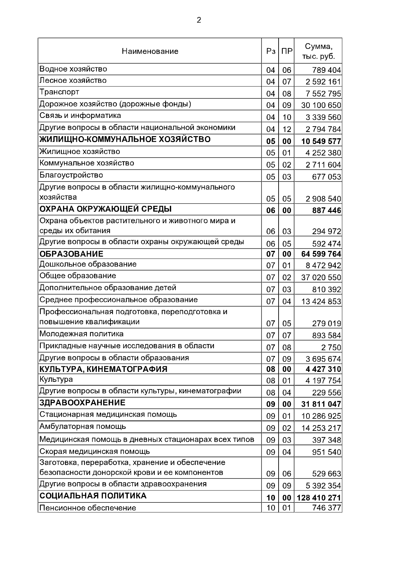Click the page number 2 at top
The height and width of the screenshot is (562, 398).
point(199,21)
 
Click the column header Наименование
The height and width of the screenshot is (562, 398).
point(150,51)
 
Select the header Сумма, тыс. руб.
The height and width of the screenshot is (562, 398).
point(318,51)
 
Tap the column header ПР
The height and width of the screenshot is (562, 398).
point(287,51)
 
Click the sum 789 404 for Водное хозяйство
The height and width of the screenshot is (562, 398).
point(326,70)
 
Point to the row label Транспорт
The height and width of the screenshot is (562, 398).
point(59,92)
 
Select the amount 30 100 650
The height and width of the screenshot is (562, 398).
point(321,105)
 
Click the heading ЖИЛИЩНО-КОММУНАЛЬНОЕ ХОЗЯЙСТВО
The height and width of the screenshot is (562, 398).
point(125,139)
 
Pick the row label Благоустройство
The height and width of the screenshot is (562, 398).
point(71,175)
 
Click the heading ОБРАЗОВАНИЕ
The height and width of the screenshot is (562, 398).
point(71,254)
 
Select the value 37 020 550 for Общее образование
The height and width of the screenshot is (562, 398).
point(321,278)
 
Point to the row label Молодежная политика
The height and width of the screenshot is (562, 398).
point(82,334)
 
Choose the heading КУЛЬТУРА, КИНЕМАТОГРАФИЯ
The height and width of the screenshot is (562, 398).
point(103,369)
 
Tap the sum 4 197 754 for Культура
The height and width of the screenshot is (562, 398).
point(323,381)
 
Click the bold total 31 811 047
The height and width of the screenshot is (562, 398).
point(321,404)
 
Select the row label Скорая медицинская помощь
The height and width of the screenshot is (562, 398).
point(95,451)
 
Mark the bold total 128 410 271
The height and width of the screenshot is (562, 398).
point(319,498)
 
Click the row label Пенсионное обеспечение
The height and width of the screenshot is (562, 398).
point(88,508)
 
